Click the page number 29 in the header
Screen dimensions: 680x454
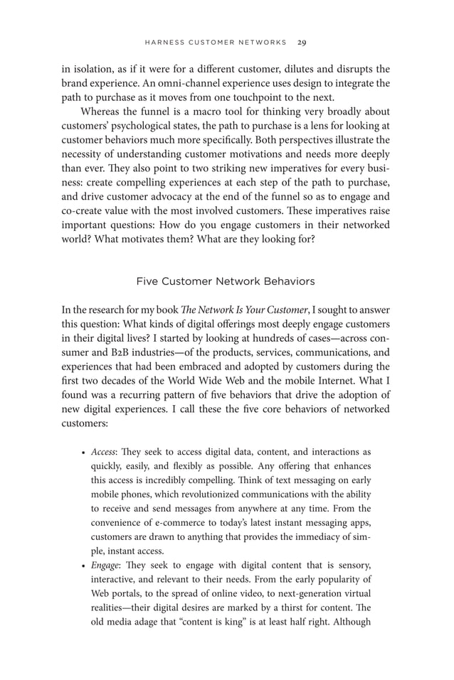(x=302, y=43)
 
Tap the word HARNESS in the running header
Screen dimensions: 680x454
(x=166, y=43)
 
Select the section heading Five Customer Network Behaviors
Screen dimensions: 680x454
(x=226, y=281)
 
